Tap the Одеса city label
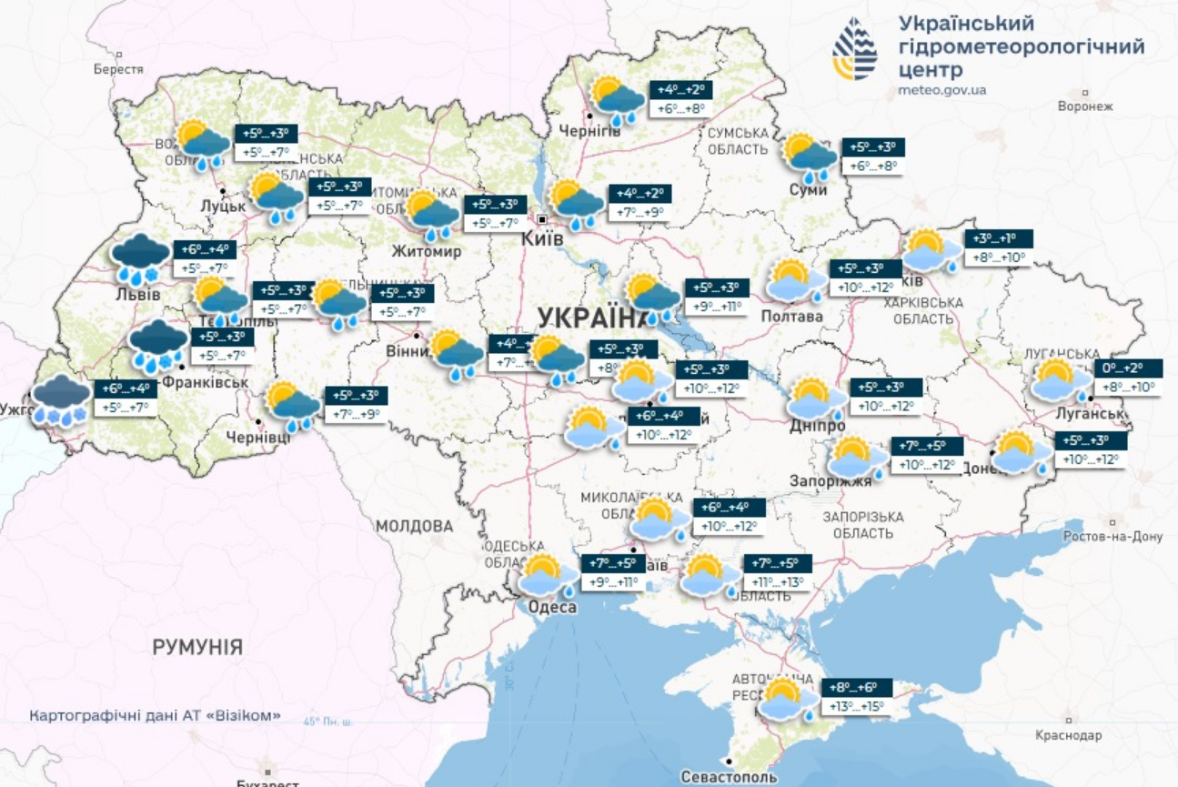550,608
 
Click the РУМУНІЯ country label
197,648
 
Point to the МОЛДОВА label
414,526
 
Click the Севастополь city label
729,777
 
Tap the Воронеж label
1085,106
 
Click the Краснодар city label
1068,735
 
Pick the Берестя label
118,69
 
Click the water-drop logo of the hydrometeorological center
855,49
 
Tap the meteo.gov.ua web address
941,90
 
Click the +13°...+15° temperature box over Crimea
856,707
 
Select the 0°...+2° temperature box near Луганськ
1128,368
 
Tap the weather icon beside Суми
810,157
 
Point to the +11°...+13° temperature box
778,582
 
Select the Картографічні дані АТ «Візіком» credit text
155,716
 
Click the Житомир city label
427,251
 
